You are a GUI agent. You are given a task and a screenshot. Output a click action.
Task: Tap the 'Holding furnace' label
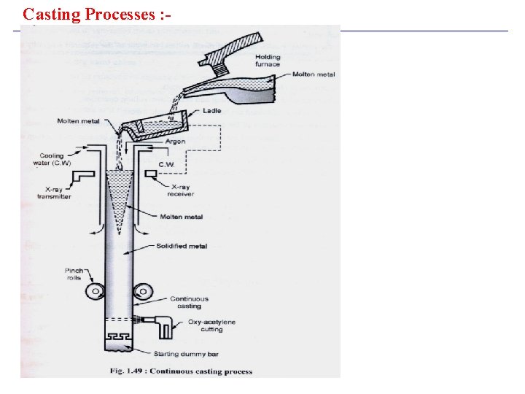pyautogui.click(x=268, y=61)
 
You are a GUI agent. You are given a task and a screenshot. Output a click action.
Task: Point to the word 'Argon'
pyautogui.click(x=175, y=142)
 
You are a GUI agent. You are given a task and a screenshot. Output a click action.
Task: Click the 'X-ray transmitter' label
pyautogui.click(x=54, y=193)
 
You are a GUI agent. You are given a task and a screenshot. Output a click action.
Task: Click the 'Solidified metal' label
pyautogui.click(x=182, y=246)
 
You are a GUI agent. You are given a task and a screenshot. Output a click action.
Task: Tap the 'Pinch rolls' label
pyautogui.click(x=74, y=274)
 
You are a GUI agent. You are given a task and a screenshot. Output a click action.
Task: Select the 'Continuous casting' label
pyautogui.click(x=190, y=303)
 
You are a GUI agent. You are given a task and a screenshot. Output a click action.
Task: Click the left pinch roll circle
pyautogui.click(x=93, y=292)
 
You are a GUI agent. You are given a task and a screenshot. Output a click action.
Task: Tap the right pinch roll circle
pyautogui.click(x=143, y=292)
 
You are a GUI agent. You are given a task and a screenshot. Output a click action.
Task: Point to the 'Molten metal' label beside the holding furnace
pyautogui.click(x=314, y=74)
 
